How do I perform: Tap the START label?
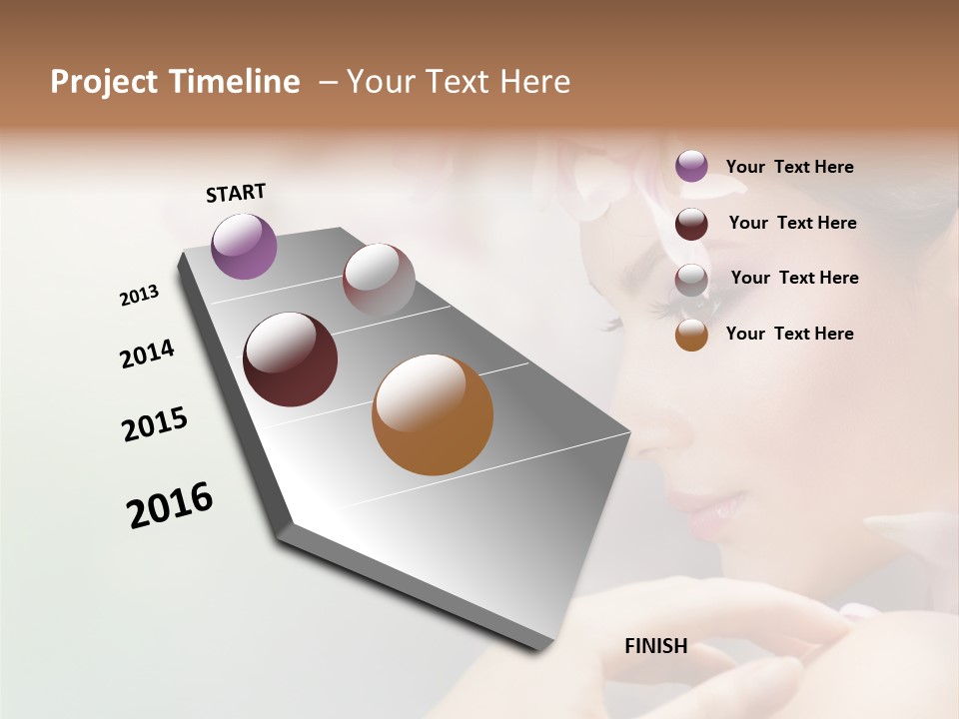pyautogui.click(x=236, y=193)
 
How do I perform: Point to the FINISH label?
pyautogui.click(x=655, y=646)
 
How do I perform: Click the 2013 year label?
pyautogui.click(x=139, y=296)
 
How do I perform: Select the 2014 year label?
pyautogui.click(x=147, y=354)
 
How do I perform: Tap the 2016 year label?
pyautogui.click(x=170, y=504)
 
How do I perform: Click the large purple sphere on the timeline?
pyautogui.click(x=244, y=247)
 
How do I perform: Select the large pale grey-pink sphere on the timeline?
pyautogui.click(x=379, y=281)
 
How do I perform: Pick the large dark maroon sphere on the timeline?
pyautogui.click(x=291, y=359)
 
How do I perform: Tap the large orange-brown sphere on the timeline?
pyautogui.click(x=433, y=414)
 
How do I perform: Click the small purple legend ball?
pyautogui.click(x=691, y=166)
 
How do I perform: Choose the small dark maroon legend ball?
pyautogui.click(x=691, y=224)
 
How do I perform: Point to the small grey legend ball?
pyautogui.click(x=691, y=280)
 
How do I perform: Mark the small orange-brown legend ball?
pyautogui.click(x=691, y=335)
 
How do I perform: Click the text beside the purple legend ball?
pyautogui.click(x=789, y=167)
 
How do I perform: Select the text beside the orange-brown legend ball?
pyautogui.click(x=789, y=334)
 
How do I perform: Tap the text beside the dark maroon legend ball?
pyautogui.click(x=792, y=223)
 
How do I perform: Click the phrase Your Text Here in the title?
pyautogui.click(x=459, y=82)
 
